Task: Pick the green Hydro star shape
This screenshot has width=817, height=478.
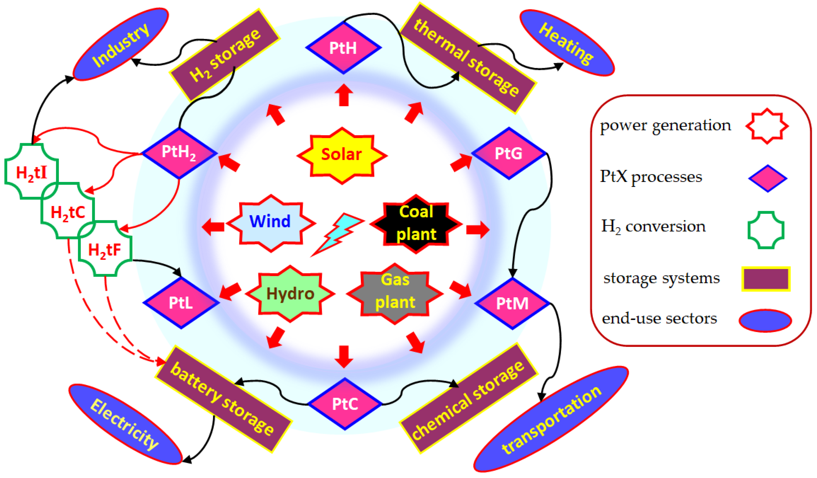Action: point(290,294)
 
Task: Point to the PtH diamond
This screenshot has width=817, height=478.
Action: point(343,48)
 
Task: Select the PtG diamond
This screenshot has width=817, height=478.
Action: point(509,153)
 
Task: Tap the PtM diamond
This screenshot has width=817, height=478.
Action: point(512,304)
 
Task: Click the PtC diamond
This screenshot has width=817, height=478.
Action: point(345,404)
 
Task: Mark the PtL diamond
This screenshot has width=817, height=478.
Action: point(181,303)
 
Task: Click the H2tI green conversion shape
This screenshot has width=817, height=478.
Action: point(32,171)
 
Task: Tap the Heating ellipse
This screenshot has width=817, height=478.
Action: point(567,43)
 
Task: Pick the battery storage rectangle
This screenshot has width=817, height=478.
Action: point(223,399)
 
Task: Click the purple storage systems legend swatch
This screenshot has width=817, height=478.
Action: point(766,279)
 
